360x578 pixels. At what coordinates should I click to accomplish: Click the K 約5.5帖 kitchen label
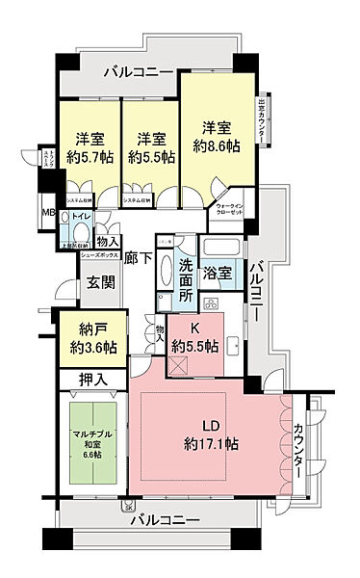click(193, 337)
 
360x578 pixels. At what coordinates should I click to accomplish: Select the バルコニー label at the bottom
click(163, 520)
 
